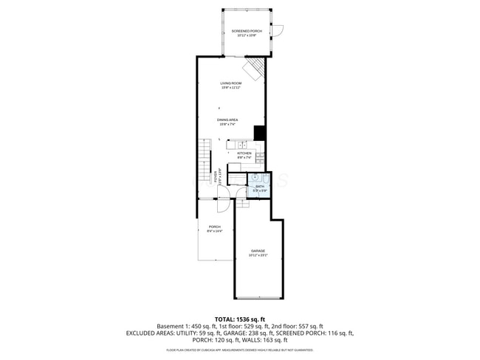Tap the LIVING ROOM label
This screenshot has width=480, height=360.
[230, 83]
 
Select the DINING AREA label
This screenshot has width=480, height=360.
[227, 120]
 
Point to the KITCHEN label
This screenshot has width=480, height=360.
[244, 153]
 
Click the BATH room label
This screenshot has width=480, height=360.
[260, 187]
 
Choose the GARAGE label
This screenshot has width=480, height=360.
[258, 251]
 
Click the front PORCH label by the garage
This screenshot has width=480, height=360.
[214, 226]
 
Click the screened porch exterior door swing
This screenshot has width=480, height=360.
[277, 32]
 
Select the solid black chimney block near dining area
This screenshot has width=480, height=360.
[259, 133]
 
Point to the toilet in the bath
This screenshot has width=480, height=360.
[267, 179]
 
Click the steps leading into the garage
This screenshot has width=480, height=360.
[243, 203]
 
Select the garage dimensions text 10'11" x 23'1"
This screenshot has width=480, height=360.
[258, 255]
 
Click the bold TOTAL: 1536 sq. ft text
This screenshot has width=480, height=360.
[240, 318]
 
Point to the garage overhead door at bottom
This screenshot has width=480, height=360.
[258, 299]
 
